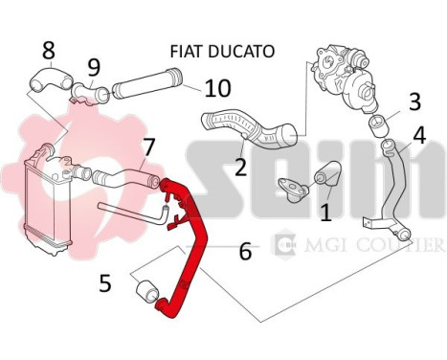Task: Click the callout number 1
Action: pos(325,208)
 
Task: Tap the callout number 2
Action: pos(241,167)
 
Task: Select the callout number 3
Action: pos(414,101)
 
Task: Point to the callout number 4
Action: pos(419,135)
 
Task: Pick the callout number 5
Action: pos(106,282)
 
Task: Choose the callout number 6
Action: pos(246,252)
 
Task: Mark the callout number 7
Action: pos(148,146)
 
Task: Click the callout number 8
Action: pos(48,49)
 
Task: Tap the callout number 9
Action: pos(93,67)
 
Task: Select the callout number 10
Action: pos(218,88)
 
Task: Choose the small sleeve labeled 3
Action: pos(378,123)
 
